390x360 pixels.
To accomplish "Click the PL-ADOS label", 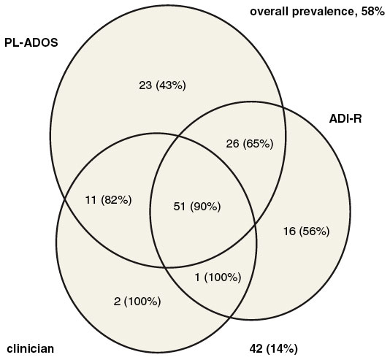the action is click(31, 43).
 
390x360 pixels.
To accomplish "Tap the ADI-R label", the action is click(345, 119).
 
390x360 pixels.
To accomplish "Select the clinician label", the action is click(31, 348).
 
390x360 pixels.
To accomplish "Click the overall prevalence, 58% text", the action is click(318, 12).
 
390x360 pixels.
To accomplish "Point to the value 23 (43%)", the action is click(162, 85).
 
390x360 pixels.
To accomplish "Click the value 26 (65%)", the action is click(250, 144).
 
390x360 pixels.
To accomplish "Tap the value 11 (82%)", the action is click(108, 200).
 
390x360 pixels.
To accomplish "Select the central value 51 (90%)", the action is click(197, 207).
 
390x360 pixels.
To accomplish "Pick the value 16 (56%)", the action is click(307, 231).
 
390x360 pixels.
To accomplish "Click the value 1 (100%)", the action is click(218, 277).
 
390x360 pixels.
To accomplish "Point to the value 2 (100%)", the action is click(137, 302).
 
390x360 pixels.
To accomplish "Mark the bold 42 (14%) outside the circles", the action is click(273, 349).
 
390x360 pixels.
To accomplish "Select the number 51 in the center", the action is click(180, 207).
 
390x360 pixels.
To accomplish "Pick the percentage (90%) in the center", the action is click(205, 207).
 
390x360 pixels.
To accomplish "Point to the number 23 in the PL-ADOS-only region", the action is click(145, 85).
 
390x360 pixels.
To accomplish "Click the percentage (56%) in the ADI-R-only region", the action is click(314, 231).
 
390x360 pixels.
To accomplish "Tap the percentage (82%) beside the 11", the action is click(116, 200).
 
